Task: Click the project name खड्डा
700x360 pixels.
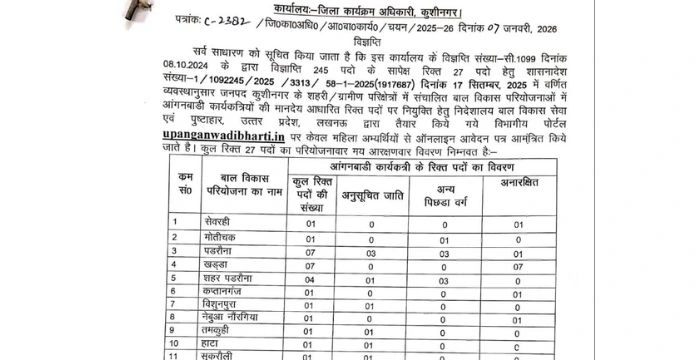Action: (216, 265)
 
